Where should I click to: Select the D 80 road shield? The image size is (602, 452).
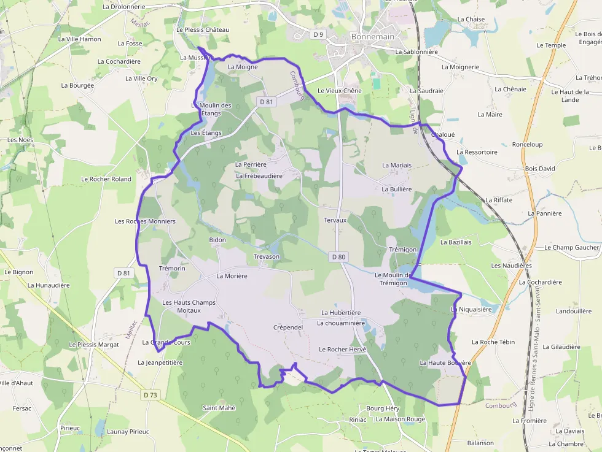[x=338, y=257]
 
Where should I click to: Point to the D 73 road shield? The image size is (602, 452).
[x=149, y=394]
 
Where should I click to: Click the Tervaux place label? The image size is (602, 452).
[x=335, y=220]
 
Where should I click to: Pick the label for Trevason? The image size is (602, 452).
[x=267, y=256]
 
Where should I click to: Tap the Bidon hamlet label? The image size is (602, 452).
[x=217, y=240]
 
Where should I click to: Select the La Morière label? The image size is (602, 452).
[x=232, y=276]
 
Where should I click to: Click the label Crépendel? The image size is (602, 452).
[x=288, y=328]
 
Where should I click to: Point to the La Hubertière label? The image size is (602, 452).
[x=341, y=313]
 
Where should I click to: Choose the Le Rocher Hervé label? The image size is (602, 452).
[x=342, y=349]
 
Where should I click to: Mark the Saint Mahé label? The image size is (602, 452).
[x=219, y=407]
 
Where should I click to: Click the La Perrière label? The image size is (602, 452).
[x=251, y=164]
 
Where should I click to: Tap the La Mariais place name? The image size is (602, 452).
[x=397, y=165]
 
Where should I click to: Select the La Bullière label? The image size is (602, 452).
[x=397, y=190]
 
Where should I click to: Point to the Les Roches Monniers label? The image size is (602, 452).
[x=146, y=221]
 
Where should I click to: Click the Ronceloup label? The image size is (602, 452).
[x=527, y=145]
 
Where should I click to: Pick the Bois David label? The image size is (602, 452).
[x=540, y=168]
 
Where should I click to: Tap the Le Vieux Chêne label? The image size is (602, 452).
[x=340, y=91]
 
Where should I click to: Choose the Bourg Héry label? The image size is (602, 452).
[x=383, y=408]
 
